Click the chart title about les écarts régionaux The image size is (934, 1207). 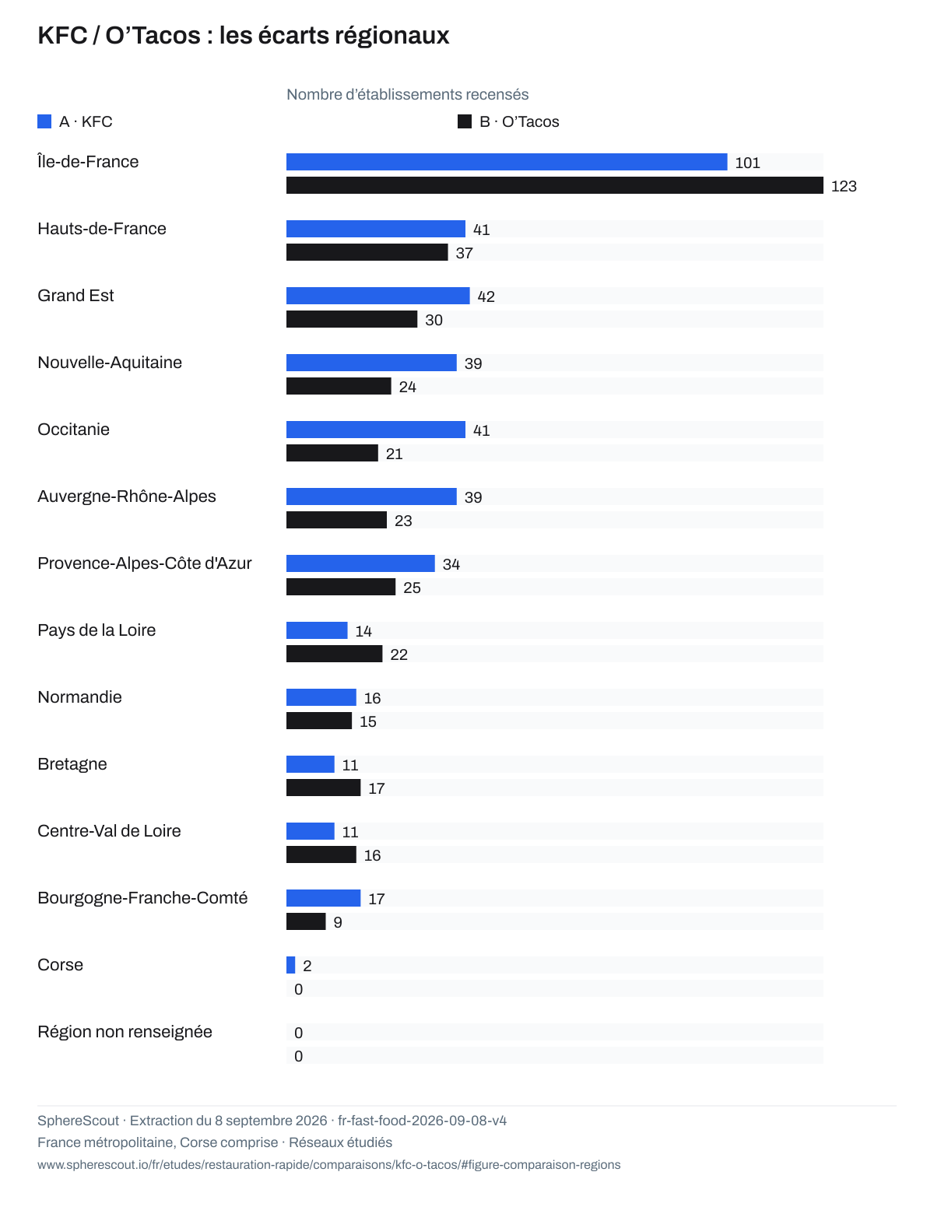tap(243, 36)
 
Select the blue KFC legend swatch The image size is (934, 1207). tap(44, 121)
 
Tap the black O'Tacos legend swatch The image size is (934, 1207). tap(464, 121)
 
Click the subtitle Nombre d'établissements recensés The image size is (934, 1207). tap(407, 94)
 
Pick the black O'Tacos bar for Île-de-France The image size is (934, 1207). tap(554, 185)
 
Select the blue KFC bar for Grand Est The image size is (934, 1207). tap(377, 296)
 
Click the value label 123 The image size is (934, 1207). tap(844, 186)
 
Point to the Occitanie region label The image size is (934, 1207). tap(73, 430)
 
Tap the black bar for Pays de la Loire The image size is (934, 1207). tap(334, 653)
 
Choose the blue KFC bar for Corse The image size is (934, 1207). tap(290, 965)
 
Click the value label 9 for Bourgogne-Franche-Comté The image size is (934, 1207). tap(338, 922)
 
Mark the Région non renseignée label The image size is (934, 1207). tap(125, 1031)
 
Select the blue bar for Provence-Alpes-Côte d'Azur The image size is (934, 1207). tap(360, 563)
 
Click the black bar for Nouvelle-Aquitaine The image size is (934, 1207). tap(339, 386)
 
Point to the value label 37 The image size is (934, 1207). tap(464, 253)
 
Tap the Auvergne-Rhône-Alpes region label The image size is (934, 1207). tap(127, 496)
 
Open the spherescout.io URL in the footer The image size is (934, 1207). tap(328, 1164)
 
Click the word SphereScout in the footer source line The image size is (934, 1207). tap(79, 1121)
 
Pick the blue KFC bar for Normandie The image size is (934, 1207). tap(321, 697)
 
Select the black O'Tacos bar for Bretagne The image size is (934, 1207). tap(323, 787)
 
